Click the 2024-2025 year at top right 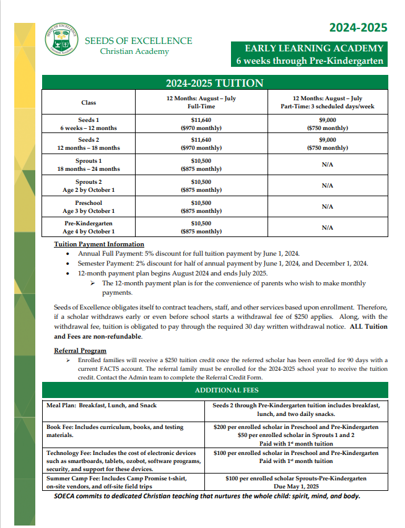click(x=358, y=27)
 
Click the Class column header click(x=89, y=102)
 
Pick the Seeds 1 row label click(x=89, y=124)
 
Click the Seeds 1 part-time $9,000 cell click(x=327, y=124)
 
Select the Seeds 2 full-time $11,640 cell click(x=201, y=144)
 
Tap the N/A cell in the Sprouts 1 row click(x=327, y=165)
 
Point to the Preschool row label click(x=89, y=207)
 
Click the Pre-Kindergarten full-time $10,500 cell click(x=201, y=227)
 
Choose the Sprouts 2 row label click(x=89, y=186)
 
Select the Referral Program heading click(x=80, y=351)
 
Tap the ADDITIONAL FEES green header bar click(x=214, y=391)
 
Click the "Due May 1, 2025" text click(x=296, y=487)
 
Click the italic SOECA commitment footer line click(x=207, y=496)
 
